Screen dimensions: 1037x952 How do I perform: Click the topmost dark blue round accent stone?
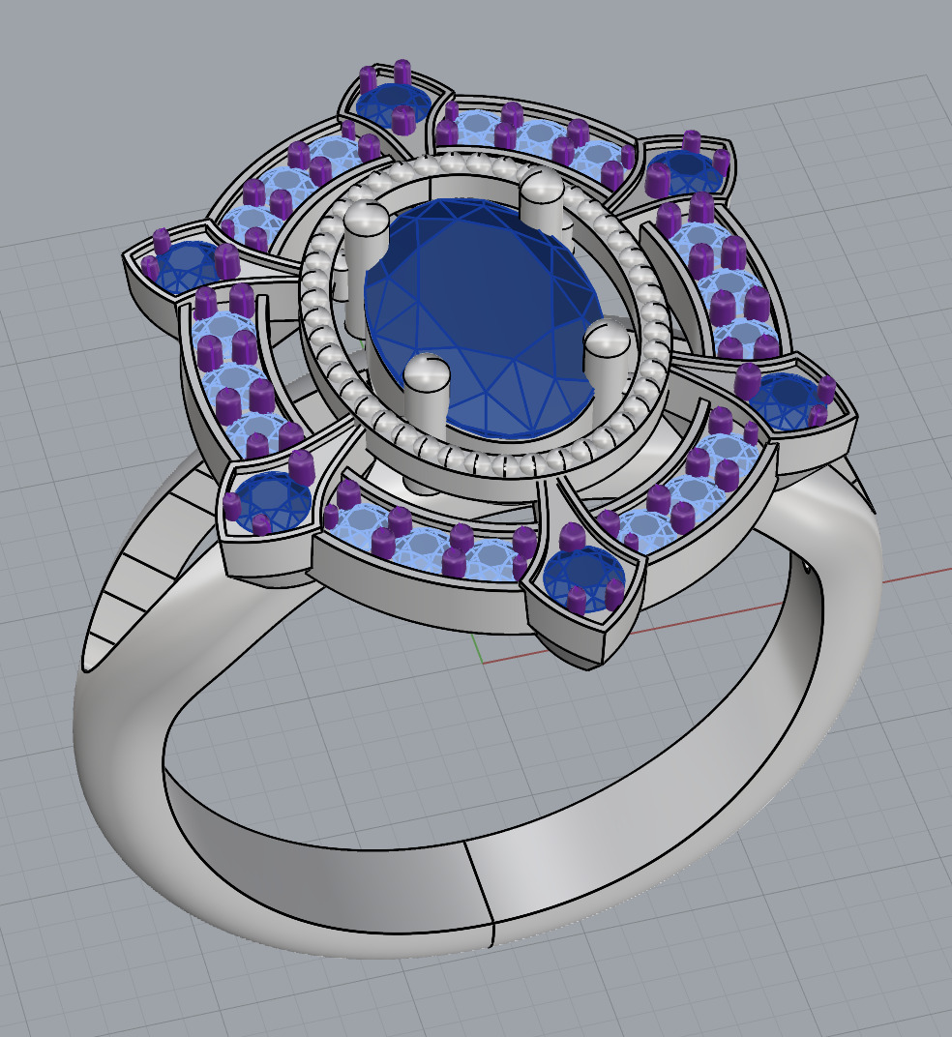tap(392, 102)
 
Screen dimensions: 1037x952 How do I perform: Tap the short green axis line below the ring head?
tap(476, 649)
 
